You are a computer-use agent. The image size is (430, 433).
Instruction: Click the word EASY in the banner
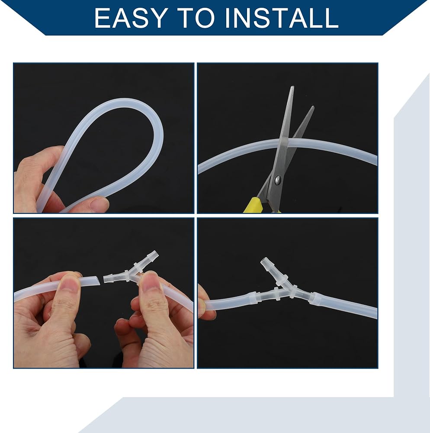[x=131, y=18]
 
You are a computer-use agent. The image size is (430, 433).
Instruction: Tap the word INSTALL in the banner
[x=282, y=18]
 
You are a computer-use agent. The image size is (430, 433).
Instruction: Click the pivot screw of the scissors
[x=277, y=180]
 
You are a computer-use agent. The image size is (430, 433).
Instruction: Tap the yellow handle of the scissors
[x=252, y=205]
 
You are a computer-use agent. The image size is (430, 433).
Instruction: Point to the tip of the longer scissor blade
[x=292, y=87]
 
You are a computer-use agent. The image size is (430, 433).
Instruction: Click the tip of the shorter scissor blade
[x=313, y=107]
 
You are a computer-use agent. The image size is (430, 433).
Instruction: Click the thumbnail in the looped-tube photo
[x=99, y=204]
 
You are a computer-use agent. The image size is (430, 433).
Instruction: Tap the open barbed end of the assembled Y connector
[x=264, y=261]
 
